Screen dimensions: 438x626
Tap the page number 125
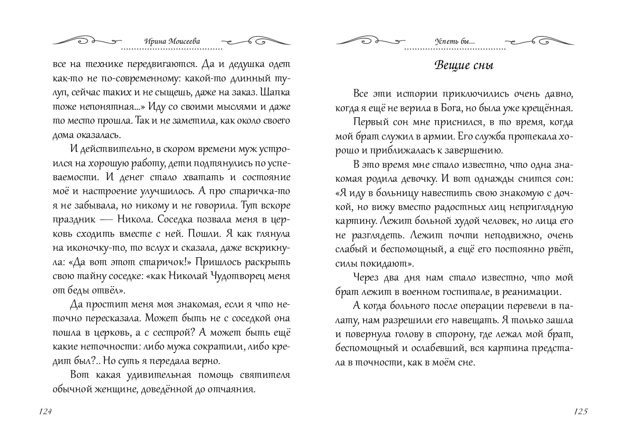point(580,411)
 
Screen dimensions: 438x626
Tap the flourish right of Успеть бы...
point(539,40)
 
